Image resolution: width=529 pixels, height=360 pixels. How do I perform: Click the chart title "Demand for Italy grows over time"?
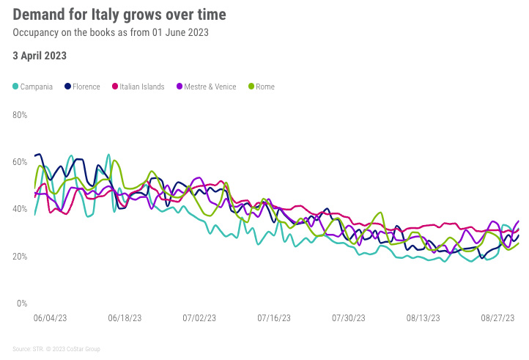[119, 15]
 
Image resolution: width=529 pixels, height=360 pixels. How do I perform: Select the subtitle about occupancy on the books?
[111, 32]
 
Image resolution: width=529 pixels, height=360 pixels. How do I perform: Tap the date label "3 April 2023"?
[40, 55]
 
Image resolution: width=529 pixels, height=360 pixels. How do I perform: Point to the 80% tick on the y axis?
[21, 115]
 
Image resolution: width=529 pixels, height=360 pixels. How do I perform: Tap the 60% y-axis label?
[21, 162]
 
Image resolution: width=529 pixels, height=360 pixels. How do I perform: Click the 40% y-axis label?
[21, 209]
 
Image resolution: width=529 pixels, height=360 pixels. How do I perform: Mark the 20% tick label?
[21, 256]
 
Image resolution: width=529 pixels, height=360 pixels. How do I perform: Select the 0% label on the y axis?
[22, 303]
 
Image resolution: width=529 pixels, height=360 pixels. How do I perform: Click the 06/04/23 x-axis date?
[50, 318]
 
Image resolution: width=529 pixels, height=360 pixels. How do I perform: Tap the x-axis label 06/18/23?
[125, 318]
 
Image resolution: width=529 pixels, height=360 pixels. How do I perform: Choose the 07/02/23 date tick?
[199, 318]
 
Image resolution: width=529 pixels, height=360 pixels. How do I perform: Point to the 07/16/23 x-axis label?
[274, 318]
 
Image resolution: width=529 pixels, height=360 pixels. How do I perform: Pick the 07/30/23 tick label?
[349, 318]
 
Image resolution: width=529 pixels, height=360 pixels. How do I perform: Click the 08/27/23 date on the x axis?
[498, 318]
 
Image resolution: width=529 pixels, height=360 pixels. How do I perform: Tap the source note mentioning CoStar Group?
[56, 349]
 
